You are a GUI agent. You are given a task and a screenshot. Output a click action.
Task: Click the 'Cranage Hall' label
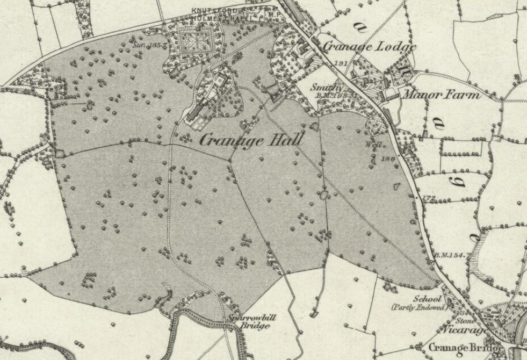251,141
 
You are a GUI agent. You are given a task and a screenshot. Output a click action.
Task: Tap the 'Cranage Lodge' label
370,47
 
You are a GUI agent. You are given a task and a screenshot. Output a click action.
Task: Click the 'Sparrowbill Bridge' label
251,321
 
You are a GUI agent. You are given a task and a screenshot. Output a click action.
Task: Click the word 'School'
427,299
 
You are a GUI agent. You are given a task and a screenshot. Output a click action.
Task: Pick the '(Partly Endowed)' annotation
418,307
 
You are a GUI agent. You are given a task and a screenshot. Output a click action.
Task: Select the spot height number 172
428,199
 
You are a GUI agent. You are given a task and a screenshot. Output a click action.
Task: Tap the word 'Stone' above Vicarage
463,321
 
